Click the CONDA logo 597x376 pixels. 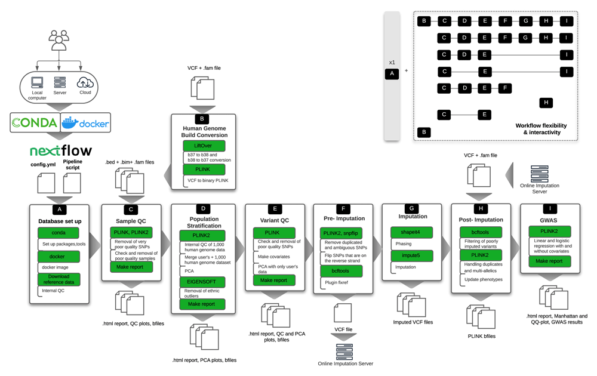(33, 124)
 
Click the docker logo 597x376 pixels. (87, 124)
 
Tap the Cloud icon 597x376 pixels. (84, 84)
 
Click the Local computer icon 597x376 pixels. (36, 83)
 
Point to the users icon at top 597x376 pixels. (59, 39)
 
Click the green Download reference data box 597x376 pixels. (59, 279)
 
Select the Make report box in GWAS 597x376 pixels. (549, 261)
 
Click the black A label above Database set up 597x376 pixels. (59, 209)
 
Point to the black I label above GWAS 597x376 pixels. (550, 209)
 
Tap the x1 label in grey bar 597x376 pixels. (392, 62)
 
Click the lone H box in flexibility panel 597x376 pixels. (545, 103)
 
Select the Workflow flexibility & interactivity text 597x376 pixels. (541, 129)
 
